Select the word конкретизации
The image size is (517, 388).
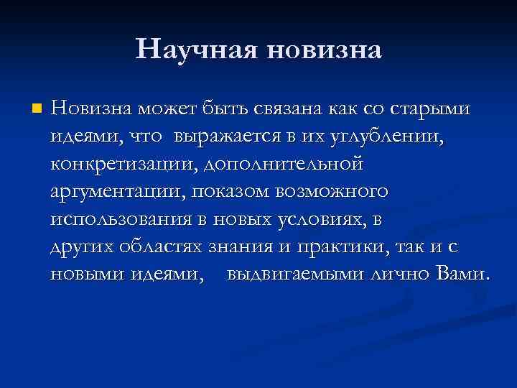(123, 164)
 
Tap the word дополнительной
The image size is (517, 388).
(284, 164)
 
